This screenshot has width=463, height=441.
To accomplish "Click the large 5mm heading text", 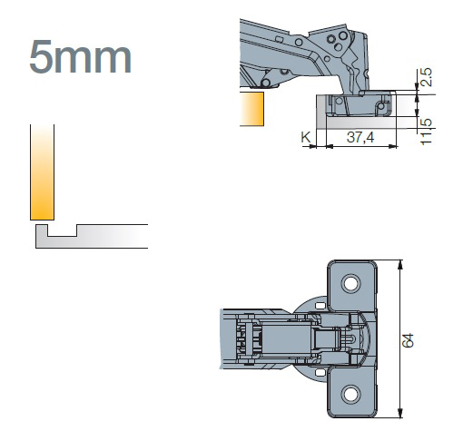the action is [x=81, y=57].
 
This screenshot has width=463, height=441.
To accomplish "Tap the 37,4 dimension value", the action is [x=360, y=137].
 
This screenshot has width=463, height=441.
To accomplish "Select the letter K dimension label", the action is [x=306, y=137].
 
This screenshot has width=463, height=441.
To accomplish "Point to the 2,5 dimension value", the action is [x=426, y=77].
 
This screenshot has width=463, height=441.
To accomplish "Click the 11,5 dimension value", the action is [x=426, y=132].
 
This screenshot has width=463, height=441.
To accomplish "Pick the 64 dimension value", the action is [x=408, y=340].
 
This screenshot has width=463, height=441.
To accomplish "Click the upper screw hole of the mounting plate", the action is [x=350, y=283].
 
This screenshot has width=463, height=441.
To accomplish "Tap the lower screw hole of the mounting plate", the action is [x=350, y=394].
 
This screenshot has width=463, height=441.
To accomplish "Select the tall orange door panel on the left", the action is [x=42, y=172].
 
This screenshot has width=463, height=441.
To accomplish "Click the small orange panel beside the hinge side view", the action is [x=251, y=109].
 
